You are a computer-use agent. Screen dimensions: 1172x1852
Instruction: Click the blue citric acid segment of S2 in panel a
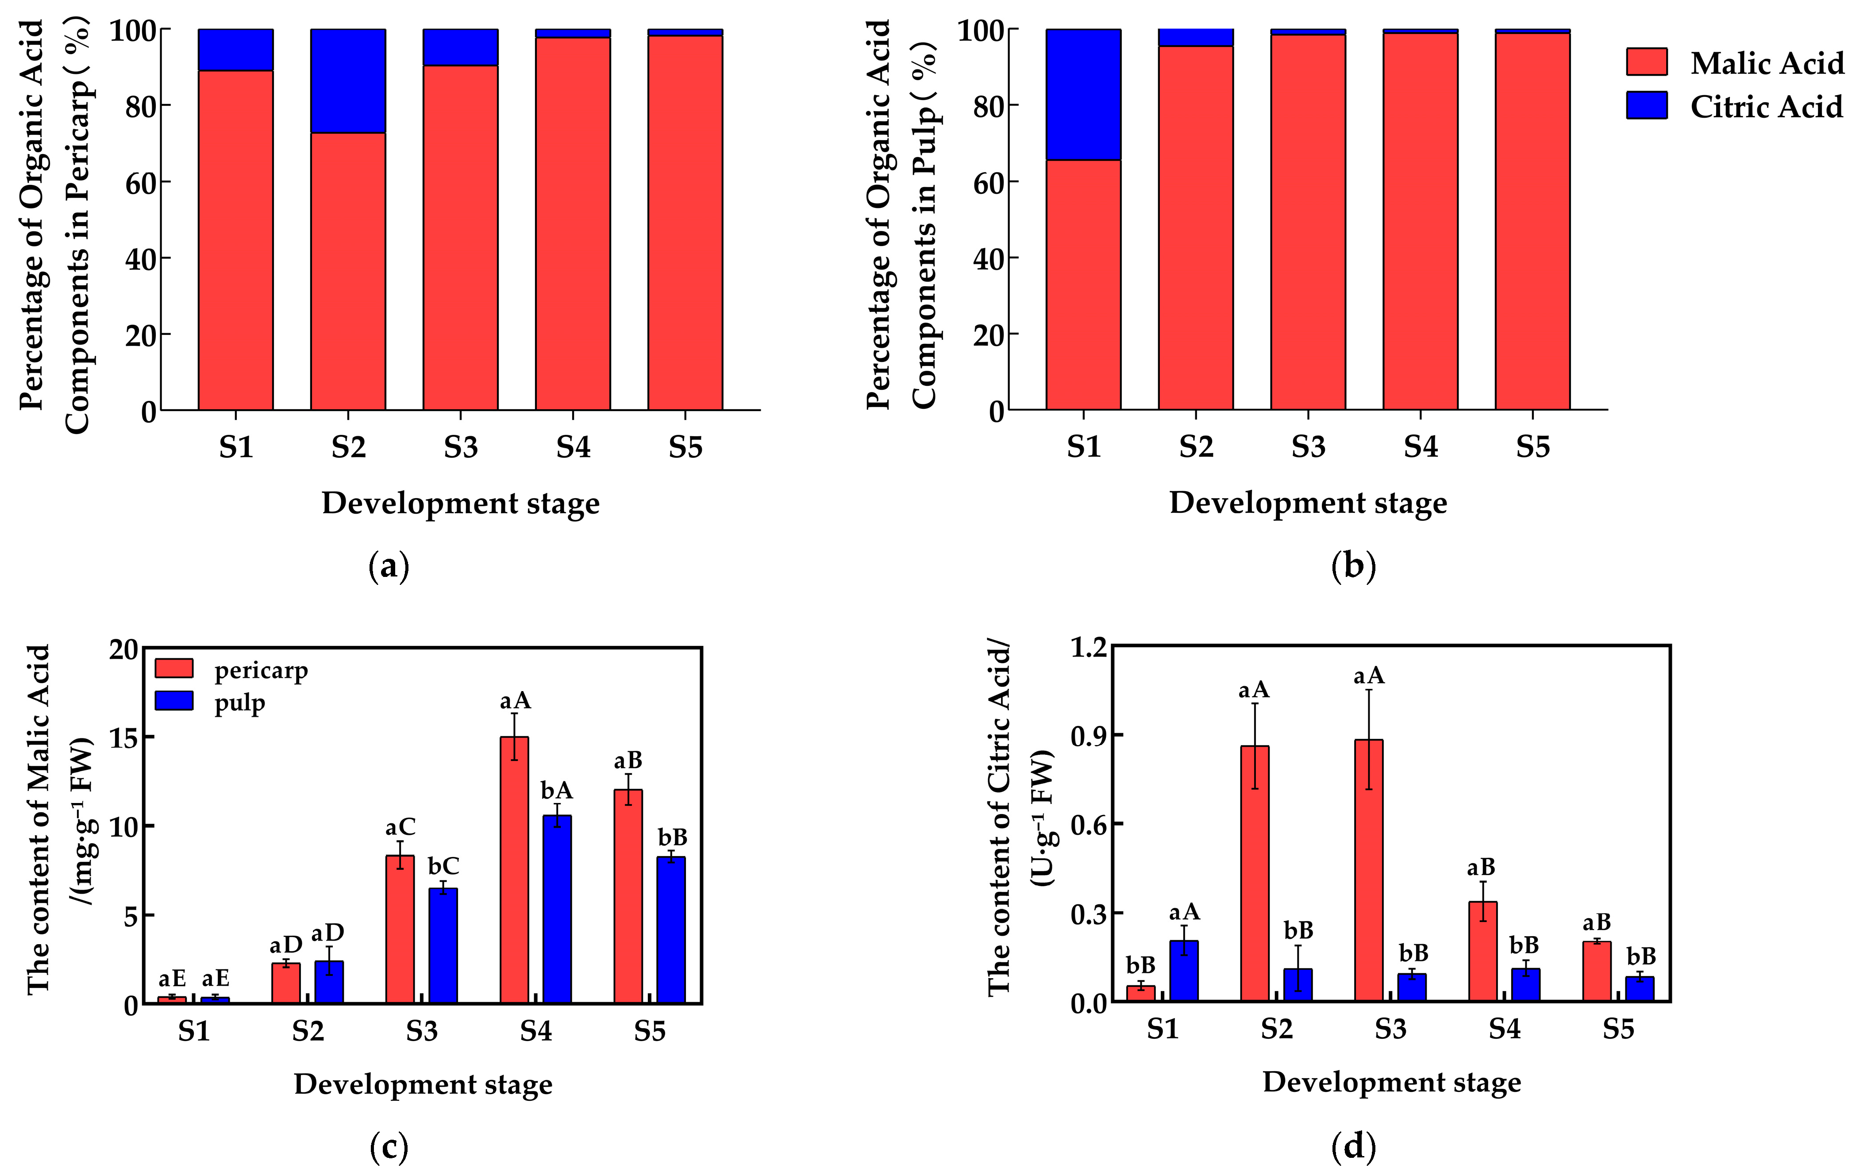point(348,81)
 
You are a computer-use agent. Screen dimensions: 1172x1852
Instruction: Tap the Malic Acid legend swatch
point(1647,61)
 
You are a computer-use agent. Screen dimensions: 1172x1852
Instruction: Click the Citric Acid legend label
point(1766,106)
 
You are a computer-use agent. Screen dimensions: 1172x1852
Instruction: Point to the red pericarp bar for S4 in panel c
point(514,869)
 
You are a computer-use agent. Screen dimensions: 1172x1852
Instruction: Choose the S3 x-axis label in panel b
point(1308,446)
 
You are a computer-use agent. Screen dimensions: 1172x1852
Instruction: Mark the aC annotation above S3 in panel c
point(400,827)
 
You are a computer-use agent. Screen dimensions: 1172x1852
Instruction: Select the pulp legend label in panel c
point(239,702)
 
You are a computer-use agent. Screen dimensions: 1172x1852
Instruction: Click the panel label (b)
point(1353,566)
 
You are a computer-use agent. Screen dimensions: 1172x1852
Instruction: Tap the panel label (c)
point(389,1147)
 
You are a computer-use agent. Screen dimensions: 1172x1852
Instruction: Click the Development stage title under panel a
point(460,503)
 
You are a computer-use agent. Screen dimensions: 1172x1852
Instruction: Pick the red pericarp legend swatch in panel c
point(174,668)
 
